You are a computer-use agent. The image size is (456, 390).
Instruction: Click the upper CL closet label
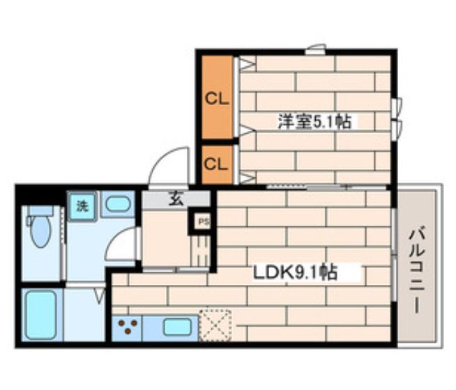(216, 99)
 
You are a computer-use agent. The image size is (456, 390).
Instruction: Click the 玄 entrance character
(176, 199)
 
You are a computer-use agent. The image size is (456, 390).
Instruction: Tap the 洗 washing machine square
(82, 205)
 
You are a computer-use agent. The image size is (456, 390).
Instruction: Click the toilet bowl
(39, 233)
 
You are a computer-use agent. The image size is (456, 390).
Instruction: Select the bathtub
(39, 314)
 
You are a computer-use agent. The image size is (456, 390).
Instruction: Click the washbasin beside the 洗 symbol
(119, 205)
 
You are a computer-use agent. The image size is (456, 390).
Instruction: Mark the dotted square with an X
(215, 324)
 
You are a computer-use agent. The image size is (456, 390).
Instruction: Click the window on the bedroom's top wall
(315, 49)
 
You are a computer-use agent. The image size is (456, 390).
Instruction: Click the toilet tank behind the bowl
(40, 210)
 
